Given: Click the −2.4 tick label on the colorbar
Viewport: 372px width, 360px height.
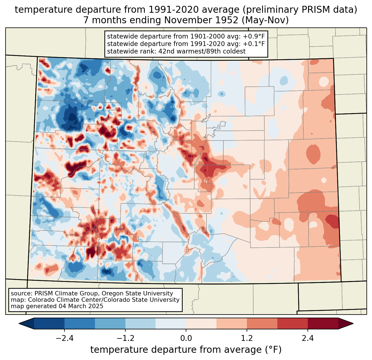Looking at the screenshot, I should [64, 338].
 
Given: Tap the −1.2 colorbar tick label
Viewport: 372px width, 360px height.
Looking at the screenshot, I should [125, 338].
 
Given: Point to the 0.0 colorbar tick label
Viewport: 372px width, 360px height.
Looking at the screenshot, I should [186, 338].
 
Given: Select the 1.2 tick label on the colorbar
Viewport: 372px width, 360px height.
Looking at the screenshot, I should [247, 338].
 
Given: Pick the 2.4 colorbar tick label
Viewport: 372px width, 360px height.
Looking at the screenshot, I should [308, 338].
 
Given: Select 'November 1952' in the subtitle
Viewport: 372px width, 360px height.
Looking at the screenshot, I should [201, 20].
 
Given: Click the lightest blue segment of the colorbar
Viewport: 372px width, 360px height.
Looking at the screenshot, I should [171, 323].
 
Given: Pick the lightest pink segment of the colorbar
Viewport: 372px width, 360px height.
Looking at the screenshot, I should [201, 323].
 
